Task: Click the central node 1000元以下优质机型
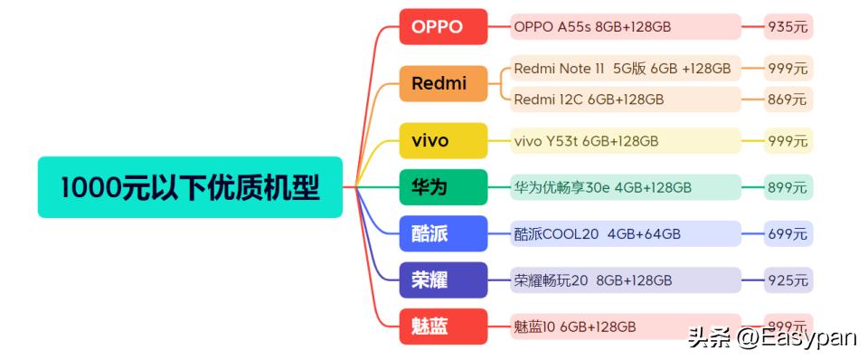[190, 187]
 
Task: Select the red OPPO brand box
[443, 27]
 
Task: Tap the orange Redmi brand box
[443, 84]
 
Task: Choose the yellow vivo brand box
[443, 141]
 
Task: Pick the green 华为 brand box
[443, 187]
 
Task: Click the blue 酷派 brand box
[443, 234]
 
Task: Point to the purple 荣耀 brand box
[443, 280]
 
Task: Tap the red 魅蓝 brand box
[443, 327]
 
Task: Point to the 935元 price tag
[788, 27]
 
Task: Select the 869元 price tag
[788, 99]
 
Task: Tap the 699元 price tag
[788, 234]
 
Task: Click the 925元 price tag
[788, 280]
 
